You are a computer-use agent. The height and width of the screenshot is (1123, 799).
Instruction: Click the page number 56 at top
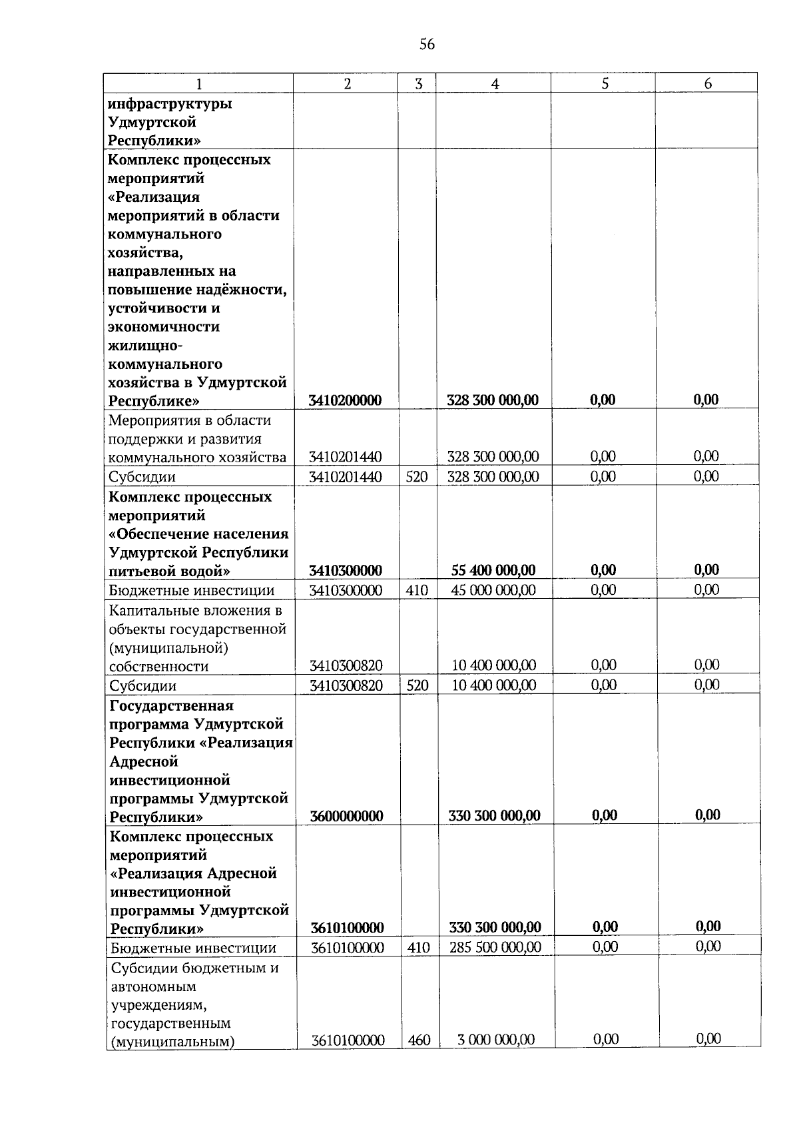(x=427, y=45)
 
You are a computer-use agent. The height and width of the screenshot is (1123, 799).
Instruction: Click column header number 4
(x=495, y=83)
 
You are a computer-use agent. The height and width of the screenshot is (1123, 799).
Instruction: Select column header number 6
(x=708, y=83)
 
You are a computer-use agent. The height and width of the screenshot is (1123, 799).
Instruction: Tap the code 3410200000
(x=345, y=400)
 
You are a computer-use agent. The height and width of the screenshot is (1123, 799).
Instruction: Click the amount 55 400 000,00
(x=493, y=570)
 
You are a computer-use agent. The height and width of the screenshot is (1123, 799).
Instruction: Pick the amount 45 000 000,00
(x=493, y=590)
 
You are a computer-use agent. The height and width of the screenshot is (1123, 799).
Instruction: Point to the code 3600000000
(x=346, y=816)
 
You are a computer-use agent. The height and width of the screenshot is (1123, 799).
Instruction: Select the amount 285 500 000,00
(x=495, y=947)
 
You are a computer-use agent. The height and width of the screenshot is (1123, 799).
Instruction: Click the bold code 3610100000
(x=347, y=928)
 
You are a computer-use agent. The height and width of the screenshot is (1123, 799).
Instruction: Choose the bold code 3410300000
(x=345, y=571)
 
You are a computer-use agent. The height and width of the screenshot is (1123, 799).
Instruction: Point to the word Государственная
(x=171, y=705)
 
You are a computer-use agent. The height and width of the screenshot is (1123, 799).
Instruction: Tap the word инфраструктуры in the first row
(x=170, y=105)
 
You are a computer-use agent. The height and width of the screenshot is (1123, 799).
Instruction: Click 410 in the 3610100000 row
(x=418, y=947)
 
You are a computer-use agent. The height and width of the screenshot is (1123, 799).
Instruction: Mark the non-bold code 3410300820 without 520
(x=346, y=665)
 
